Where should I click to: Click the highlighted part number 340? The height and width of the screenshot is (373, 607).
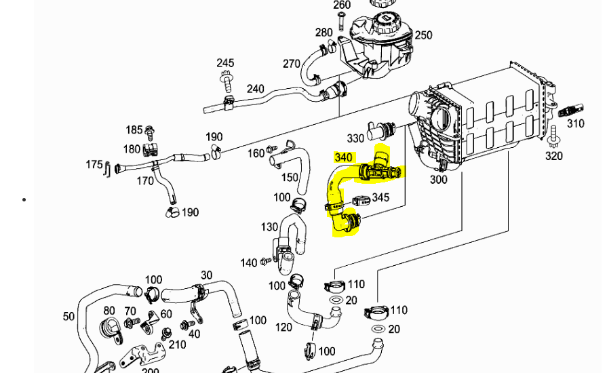point(344,157)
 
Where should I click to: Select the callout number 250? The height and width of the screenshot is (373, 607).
point(423,35)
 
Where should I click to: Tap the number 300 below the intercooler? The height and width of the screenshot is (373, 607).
point(439,180)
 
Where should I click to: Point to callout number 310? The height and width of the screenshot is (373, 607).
point(575,123)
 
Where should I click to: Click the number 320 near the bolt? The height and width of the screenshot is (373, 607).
point(554,156)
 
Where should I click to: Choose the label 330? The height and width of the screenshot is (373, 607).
point(356,138)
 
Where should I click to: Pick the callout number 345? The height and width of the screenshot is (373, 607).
point(380,198)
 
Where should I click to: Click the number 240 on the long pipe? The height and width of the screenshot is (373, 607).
point(256,89)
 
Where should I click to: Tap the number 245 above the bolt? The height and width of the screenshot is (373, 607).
point(226,63)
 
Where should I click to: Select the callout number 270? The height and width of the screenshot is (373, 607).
point(292,64)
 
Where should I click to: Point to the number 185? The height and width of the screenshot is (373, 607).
point(134,130)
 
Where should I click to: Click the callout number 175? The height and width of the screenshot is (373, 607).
point(94,165)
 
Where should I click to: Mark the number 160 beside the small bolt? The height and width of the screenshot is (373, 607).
point(256,153)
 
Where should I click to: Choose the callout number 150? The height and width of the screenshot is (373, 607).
point(290,178)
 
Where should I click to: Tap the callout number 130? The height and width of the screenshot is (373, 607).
point(269,227)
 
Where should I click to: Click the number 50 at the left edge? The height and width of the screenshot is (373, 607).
point(68,316)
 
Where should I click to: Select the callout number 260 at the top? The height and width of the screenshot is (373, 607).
point(342,5)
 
